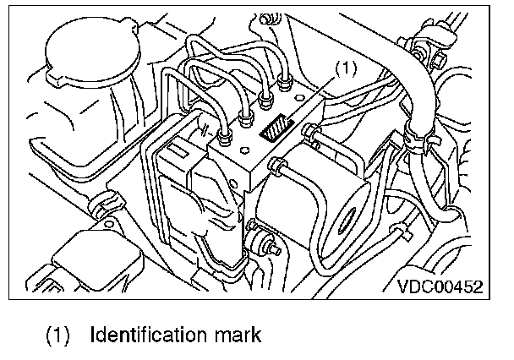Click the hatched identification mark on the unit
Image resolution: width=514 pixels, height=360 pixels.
tap(276, 134)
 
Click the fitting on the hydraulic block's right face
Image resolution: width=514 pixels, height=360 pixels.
tap(312, 130)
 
